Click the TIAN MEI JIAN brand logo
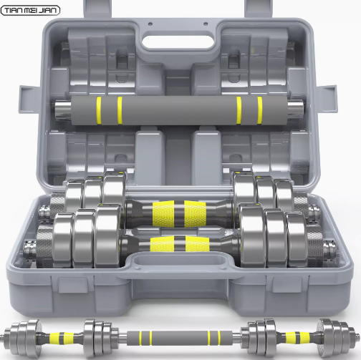30,11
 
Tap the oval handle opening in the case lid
178,42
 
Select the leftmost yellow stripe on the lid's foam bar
99,110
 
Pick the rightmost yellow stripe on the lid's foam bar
260,110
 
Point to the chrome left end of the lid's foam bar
63,110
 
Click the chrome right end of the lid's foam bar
295,110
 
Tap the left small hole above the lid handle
150,24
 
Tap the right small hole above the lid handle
206,24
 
